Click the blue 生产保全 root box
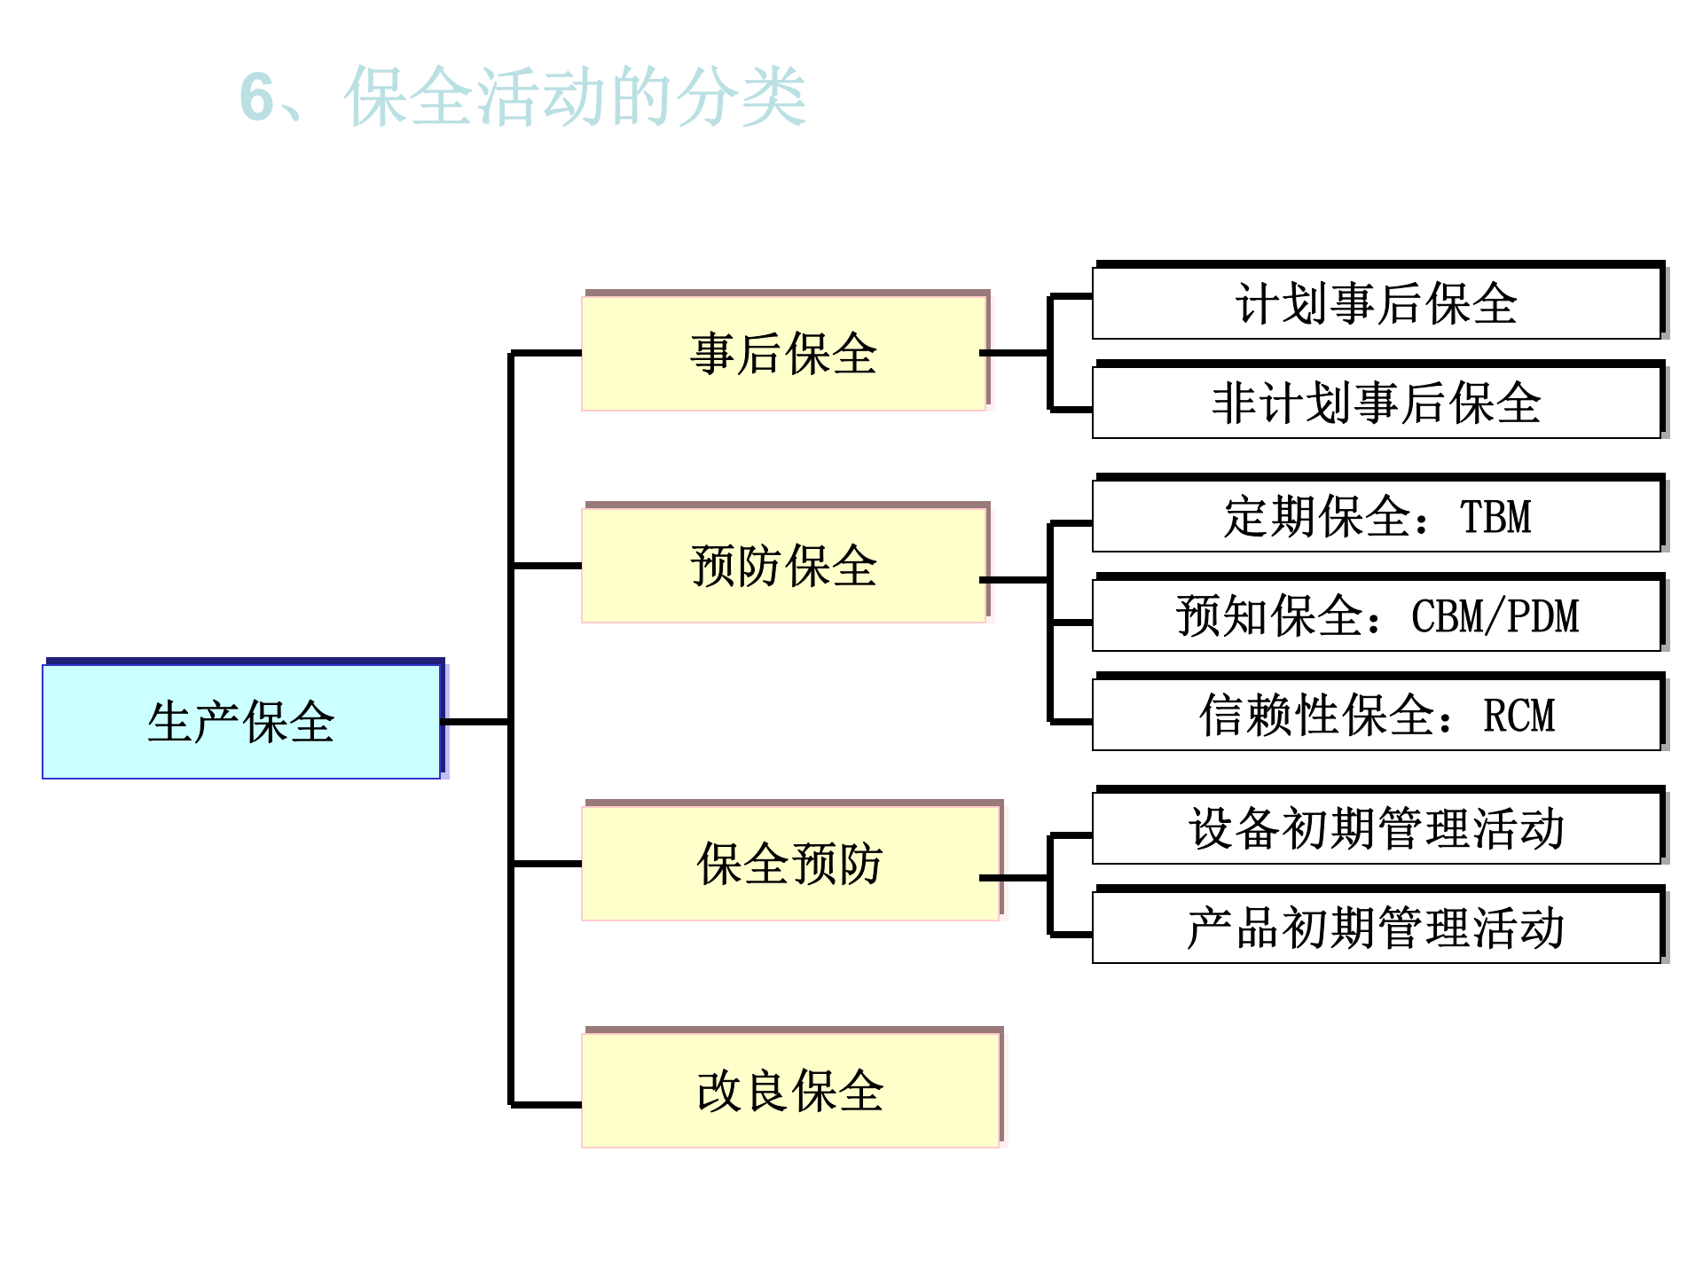(241, 721)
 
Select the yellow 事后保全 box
(784, 353)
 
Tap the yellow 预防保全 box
(784, 565)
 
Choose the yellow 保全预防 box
(789, 863)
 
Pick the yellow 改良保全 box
(789, 1090)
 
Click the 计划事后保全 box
(1376, 303)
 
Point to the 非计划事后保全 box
(1376, 403)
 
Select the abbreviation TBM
(1496, 517)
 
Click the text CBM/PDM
(1495, 616)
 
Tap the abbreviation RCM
(1519, 716)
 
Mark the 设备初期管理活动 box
(1376, 828)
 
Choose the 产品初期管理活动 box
(1376, 928)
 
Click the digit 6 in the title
(257, 97)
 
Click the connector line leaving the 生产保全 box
(475, 722)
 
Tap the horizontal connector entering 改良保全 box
(546, 1105)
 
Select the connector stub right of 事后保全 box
(1014, 353)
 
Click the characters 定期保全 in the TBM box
(1318, 517)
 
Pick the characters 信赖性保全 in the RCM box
(1317, 716)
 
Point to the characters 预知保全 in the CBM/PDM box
(1270, 616)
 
